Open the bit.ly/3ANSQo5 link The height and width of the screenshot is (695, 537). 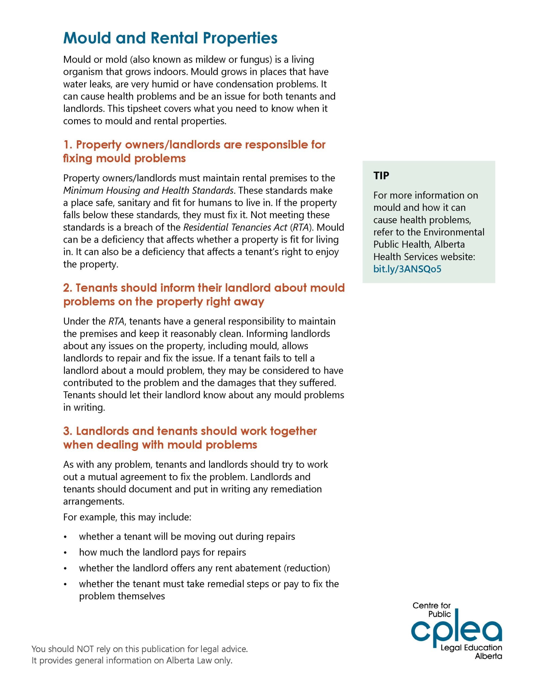407,269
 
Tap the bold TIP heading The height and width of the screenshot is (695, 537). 381,175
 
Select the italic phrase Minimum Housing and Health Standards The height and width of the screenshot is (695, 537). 148,190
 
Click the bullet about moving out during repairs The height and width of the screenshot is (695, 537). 187,536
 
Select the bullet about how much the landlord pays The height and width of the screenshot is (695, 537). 162,552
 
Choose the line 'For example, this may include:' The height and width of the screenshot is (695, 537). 127,517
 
